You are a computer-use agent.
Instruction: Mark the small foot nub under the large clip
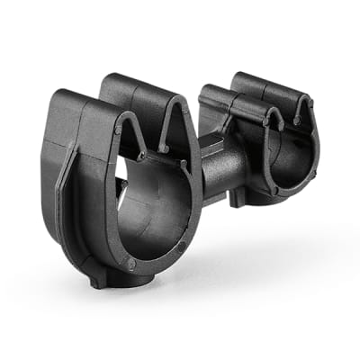click(x=96, y=283)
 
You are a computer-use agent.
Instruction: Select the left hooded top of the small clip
click(x=216, y=99)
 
